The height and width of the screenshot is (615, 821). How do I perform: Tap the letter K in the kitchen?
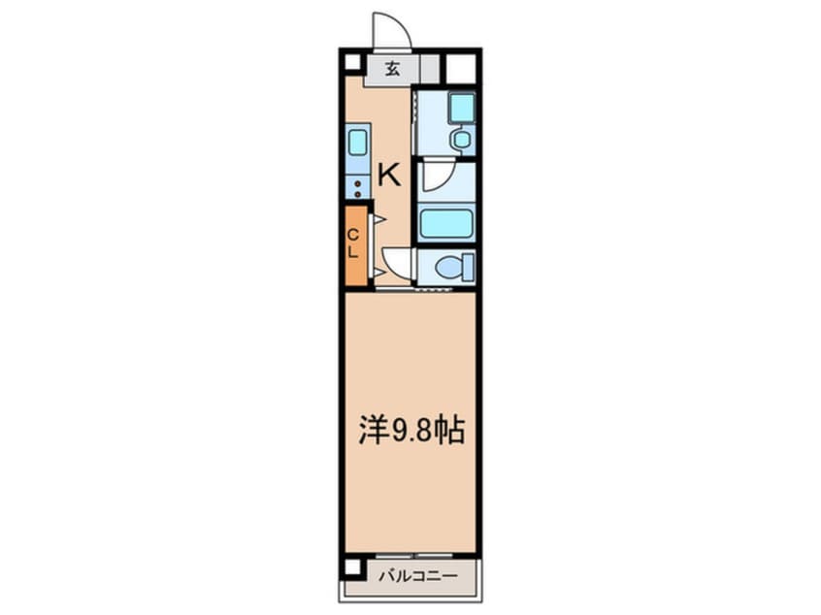[x=388, y=175]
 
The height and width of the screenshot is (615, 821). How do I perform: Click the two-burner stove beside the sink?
[x=357, y=187]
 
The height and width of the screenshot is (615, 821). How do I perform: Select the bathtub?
[x=446, y=223]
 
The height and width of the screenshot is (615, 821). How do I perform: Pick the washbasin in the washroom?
[x=461, y=140]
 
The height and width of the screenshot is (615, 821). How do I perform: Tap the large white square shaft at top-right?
[x=461, y=68]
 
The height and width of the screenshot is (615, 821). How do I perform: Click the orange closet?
[x=355, y=245]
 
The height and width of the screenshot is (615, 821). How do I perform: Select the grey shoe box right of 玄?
[x=430, y=68]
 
